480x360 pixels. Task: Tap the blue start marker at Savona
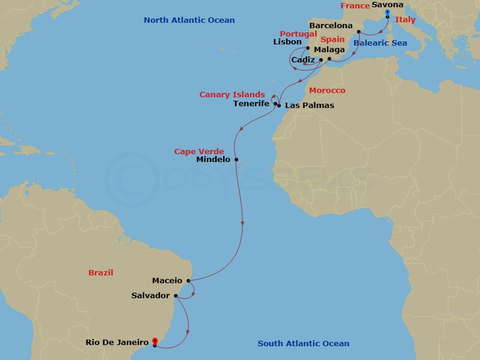pyautogui.click(x=388, y=12)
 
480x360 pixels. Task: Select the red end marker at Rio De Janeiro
pyautogui.click(x=155, y=343)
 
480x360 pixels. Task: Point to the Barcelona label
pyautogui.click(x=331, y=26)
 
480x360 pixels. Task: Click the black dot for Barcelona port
pyautogui.click(x=358, y=31)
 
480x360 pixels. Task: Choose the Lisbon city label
pyautogui.click(x=287, y=42)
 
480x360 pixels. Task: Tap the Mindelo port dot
pyautogui.click(x=237, y=160)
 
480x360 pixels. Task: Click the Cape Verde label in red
pyautogui.click(x=199, y=152)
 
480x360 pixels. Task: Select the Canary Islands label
pyautogui.click(x=232, y=95)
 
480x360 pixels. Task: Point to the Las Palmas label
pyautogui.click(x=310, y=106)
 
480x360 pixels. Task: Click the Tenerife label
pyautogui.click(x=251, y=104)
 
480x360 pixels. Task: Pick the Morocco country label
pyautogui.click(x=327, y=91)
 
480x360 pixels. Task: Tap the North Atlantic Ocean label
pyautogui.click(x=189, y=20)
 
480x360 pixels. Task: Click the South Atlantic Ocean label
pyautogui.click(x=303, y=344)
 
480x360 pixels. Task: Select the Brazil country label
pyautogui.click(x=101, y=273)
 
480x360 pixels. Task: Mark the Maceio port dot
pyautogui.click(x=188, y=280)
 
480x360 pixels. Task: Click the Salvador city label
pyautogui.click(x=151, y=296)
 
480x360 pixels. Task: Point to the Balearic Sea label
pyautogui.click(x=380, y=43)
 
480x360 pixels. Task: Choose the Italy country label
pyautogui.click(x=405, y=20)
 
